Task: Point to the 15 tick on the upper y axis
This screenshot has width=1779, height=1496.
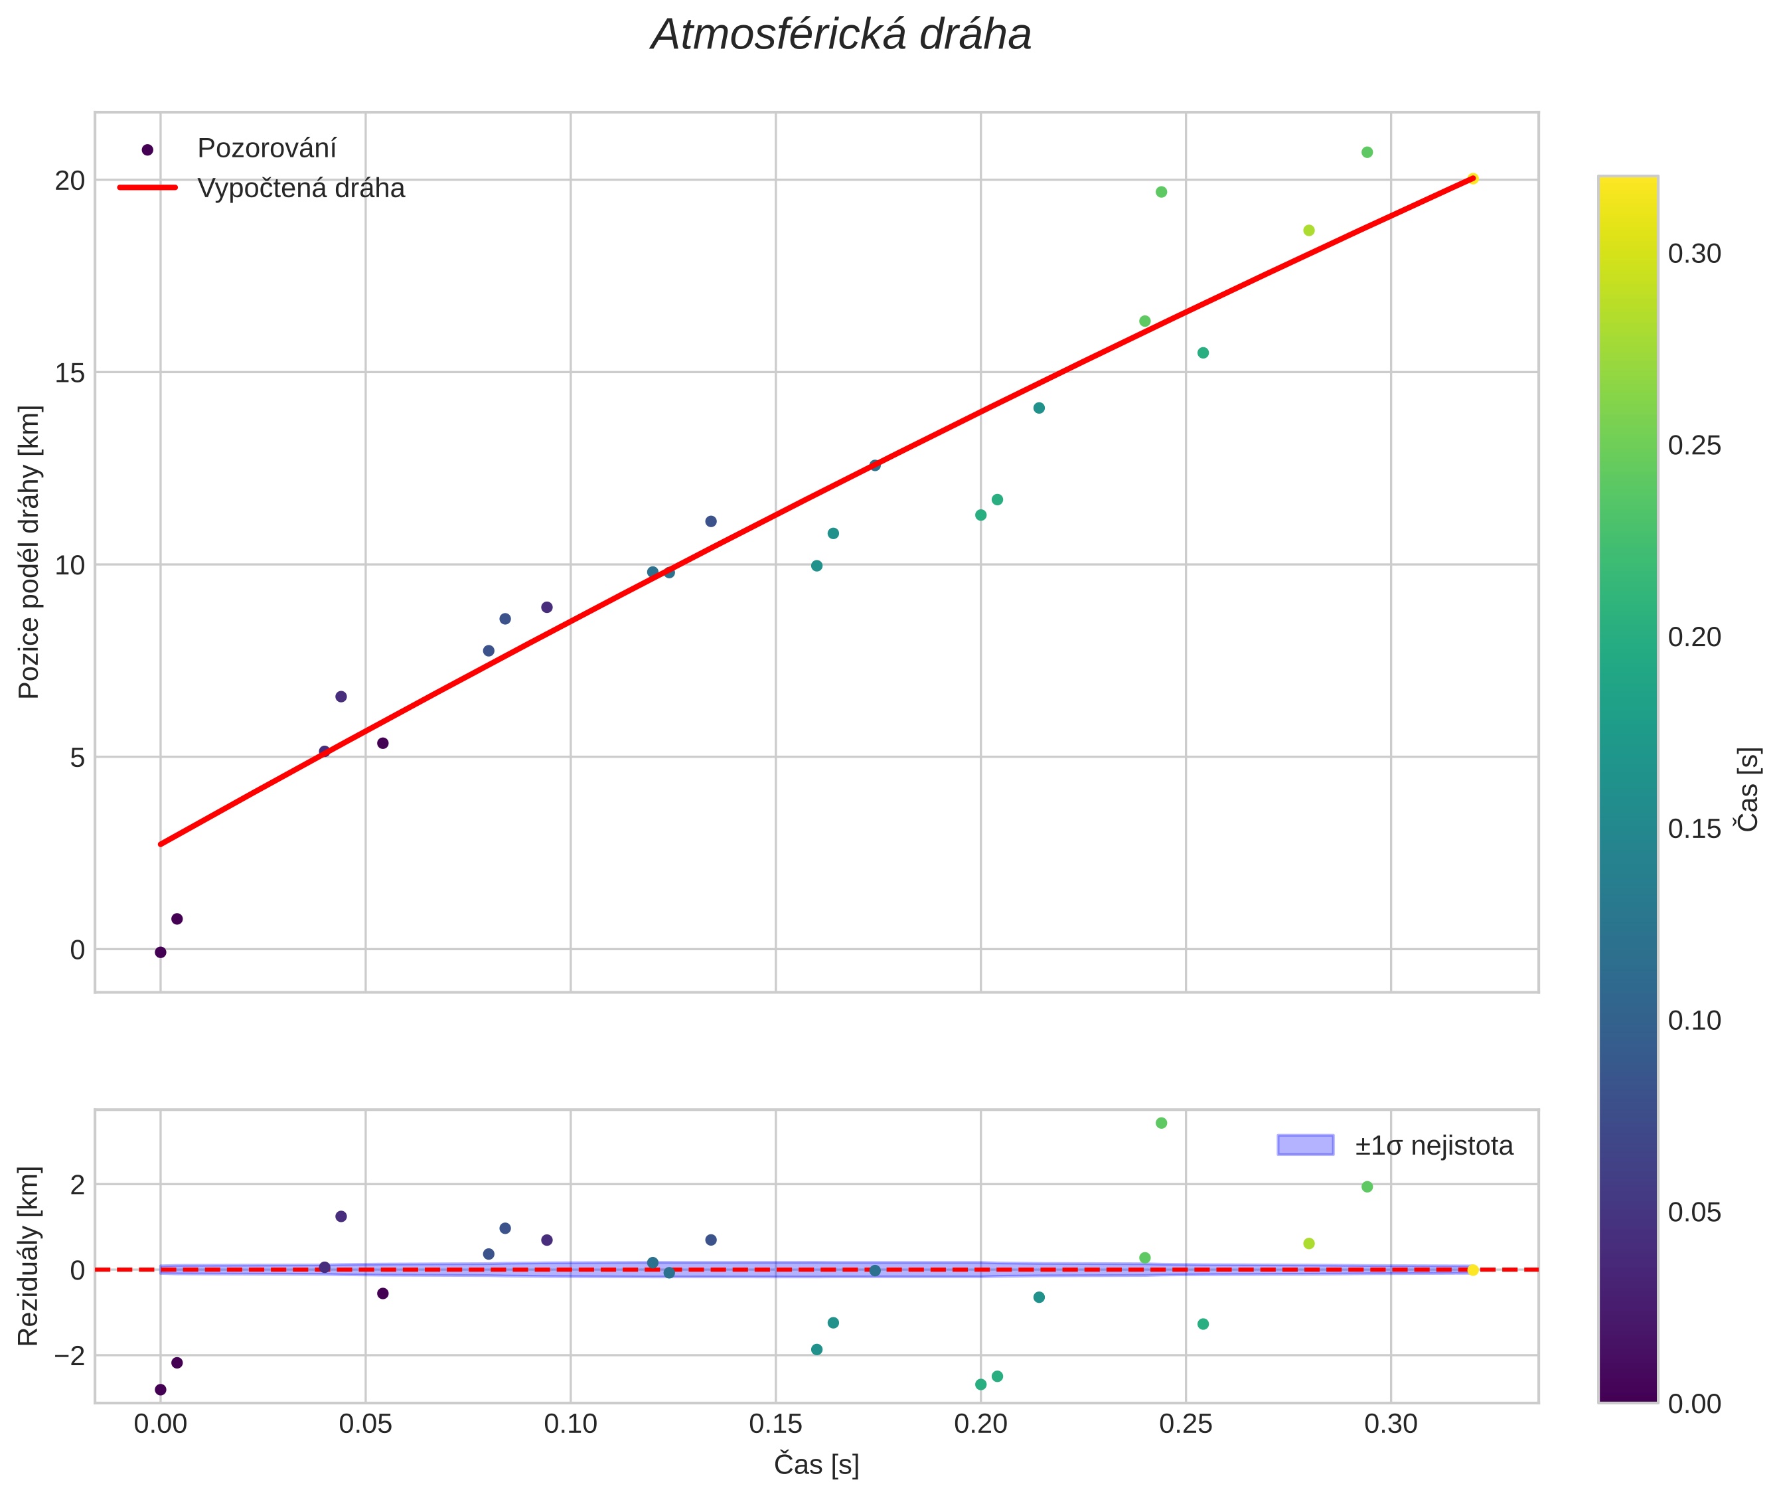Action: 70,373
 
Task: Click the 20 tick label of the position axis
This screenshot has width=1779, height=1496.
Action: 70,180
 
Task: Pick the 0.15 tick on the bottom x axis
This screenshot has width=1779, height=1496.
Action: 775,1424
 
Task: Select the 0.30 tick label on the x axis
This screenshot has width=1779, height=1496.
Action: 1391,1424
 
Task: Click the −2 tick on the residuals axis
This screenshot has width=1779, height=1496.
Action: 68,1356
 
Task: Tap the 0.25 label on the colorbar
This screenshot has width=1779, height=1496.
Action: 1694,446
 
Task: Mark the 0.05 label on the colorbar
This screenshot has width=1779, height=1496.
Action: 1694,1212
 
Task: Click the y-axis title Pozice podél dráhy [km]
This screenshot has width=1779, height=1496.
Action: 30,552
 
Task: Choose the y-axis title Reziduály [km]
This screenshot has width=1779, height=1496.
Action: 30,1256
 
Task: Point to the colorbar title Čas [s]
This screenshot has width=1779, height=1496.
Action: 1748,790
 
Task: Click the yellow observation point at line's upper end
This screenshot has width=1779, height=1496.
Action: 1473,178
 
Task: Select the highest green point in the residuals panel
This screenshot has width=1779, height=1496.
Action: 1161,1123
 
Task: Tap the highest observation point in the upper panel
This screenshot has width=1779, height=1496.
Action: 1367,153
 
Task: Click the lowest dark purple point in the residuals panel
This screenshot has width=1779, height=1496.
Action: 160,1389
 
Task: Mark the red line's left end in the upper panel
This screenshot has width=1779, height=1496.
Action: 160,844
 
